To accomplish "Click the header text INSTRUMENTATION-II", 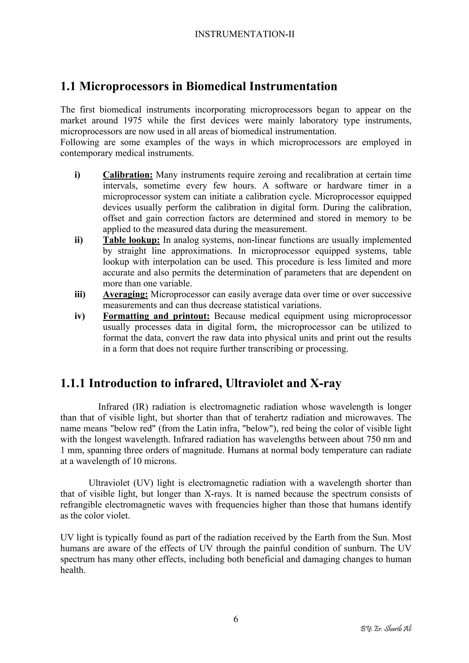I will [245, 34].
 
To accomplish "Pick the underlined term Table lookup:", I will [131, 240].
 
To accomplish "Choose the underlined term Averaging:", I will [125, 294].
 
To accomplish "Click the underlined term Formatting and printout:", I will [156, 316].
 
